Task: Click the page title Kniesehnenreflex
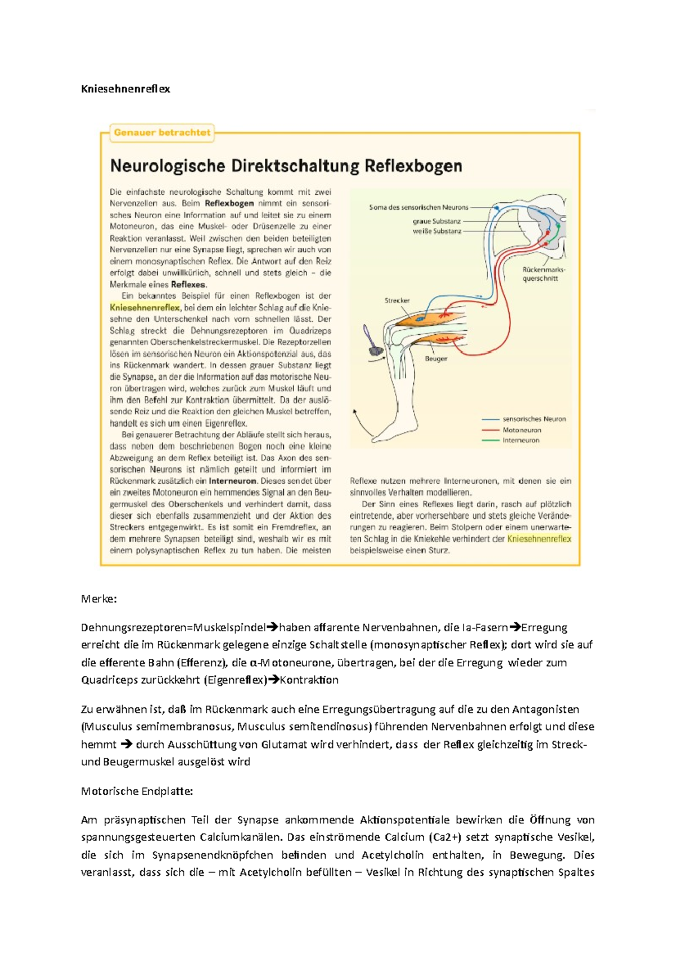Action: [x=125, y=89]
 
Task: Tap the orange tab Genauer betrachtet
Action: [x=162, y=133]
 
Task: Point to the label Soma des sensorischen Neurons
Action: [x=419, y=207]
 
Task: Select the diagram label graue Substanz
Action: [x=437, y=221]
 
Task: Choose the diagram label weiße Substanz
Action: [x=437, y=231]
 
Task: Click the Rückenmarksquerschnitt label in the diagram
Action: [x=543, y=274]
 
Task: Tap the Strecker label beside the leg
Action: [x=397, y=300]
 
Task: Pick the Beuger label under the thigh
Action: [x=436, y=358]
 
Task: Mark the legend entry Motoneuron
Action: [x=522, y=430]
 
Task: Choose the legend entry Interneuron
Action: [x=521, y=440]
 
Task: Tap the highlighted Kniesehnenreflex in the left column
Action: [x=145, y=308]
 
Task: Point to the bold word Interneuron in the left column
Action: [x=233, y=481]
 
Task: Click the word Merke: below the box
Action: [x=99, y=599]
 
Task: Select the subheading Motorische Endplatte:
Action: [x=137, y=791]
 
